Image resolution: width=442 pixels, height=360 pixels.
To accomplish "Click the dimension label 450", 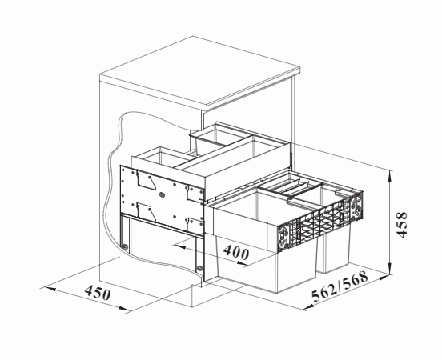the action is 98,293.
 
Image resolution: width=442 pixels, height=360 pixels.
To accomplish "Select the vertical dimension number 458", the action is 401,225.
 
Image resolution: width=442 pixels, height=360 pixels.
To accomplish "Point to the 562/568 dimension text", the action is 340,286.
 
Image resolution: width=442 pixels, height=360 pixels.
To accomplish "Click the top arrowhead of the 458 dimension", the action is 389,175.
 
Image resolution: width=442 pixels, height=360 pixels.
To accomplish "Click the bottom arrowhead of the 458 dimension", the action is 389,269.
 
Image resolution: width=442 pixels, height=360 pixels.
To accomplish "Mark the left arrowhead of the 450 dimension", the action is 49,289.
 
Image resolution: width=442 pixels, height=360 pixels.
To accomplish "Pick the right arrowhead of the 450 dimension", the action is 123,309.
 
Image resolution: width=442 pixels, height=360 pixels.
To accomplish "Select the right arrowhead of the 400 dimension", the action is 242,263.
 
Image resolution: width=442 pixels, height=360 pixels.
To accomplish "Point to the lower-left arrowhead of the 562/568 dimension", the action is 308,306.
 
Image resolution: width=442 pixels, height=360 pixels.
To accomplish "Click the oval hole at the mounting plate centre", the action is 162,194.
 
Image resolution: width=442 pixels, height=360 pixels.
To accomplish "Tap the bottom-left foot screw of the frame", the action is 124,246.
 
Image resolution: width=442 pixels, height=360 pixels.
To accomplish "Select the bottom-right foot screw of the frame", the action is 199,268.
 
